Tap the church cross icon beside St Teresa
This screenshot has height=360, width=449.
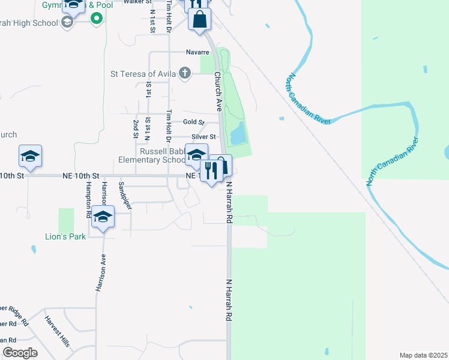coord(185,74)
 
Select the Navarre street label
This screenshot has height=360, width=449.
coord(196,52)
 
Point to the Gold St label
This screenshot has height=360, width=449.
coord(194,122)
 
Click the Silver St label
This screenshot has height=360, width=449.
coord(203,137)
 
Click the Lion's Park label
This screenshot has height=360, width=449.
coord(65,236)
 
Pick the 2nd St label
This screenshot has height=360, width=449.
coord(136,128)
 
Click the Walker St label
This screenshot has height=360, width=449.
coord(136,2)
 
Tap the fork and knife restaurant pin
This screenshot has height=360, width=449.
coord(211,171)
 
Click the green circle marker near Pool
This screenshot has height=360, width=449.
coord(95,18)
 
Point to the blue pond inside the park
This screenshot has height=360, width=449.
coord(237,133)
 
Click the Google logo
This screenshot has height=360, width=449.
coord(20,353)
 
